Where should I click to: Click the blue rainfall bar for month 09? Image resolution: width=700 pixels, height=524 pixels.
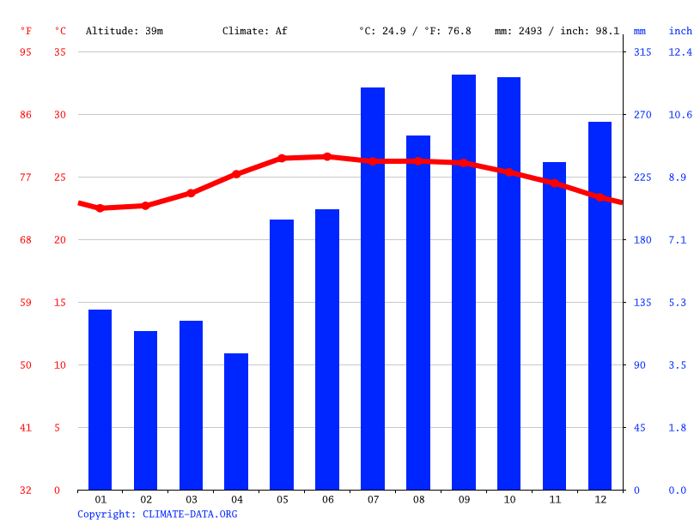[464, 282]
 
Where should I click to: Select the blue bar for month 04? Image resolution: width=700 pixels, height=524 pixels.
[236, 421]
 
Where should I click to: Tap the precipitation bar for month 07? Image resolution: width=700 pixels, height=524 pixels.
[373, 288]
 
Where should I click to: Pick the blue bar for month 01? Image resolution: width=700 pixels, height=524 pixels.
[100, 400]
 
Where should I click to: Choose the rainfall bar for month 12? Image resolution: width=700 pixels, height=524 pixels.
[600, 305]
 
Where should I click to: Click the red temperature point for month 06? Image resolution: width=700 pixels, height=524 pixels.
[327, 157]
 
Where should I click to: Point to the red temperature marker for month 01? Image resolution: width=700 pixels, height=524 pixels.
[100, 208]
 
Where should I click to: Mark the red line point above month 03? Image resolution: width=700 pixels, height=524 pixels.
[191, 193]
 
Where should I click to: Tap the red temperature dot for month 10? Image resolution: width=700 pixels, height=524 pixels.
[509, 172]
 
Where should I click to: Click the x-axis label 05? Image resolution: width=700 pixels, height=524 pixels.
[282, 499]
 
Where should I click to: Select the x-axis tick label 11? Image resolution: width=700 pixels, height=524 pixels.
[554, 499]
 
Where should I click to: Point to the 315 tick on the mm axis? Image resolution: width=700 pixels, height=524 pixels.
[642, 52]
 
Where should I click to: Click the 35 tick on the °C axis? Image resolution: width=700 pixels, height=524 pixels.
[59, 52]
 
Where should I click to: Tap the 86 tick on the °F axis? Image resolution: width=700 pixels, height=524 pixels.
[26, 115]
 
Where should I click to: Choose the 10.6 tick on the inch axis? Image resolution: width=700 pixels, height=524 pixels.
[680, 115]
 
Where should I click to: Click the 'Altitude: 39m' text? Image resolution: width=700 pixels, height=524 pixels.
[125, 31]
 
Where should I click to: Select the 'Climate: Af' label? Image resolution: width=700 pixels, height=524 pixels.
[255, 31]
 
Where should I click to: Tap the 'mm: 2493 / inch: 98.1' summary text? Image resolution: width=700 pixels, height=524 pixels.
[557, 31]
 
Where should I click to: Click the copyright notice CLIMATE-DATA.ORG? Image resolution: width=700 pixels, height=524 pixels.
[157, 515]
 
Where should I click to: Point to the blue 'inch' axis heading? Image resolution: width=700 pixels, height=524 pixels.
[680, 31]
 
